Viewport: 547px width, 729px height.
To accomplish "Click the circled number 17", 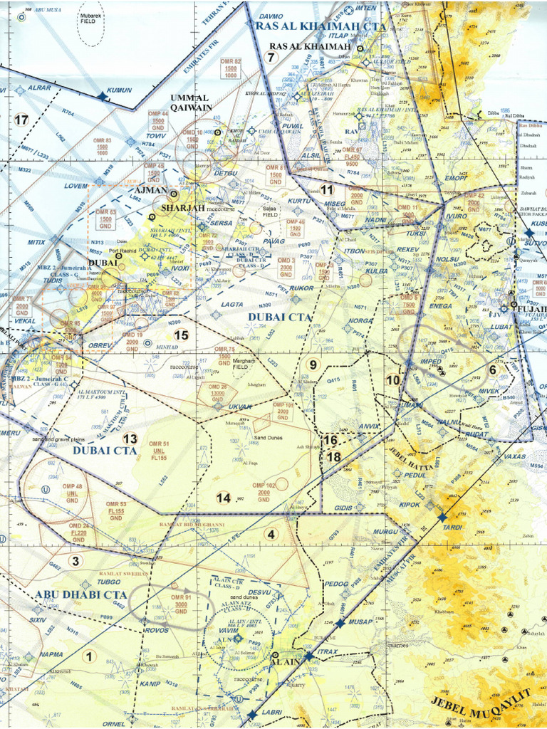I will (x=21, y=120).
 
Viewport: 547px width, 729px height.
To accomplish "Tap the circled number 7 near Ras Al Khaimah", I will (x=271, y=57).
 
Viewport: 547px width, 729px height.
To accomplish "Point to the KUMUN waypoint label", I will (x=119, y=91).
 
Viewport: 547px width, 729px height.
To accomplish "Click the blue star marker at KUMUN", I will (x=102, y=95).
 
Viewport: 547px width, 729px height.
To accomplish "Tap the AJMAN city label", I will (x=150, y=191).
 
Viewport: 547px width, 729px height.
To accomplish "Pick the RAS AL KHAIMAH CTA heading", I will (x=321, y=26).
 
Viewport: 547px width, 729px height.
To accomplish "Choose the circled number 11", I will (x=326, y=190).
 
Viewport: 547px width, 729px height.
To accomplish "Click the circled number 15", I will (x=181, y=335).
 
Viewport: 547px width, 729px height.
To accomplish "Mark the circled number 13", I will (x=130, y=439).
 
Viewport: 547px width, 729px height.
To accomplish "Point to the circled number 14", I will (x=224, y=498).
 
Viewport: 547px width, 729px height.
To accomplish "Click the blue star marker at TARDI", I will (x=442, y=517).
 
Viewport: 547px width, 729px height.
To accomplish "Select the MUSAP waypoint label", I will (x=360, y=622).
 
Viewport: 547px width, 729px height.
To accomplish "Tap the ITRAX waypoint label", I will (x=327, y=651).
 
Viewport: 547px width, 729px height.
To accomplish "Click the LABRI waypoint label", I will (x=271, y=712).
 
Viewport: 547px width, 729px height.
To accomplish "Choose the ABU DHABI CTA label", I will (x=80, y=594).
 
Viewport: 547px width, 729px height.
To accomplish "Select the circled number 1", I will (x=89, y=656).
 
